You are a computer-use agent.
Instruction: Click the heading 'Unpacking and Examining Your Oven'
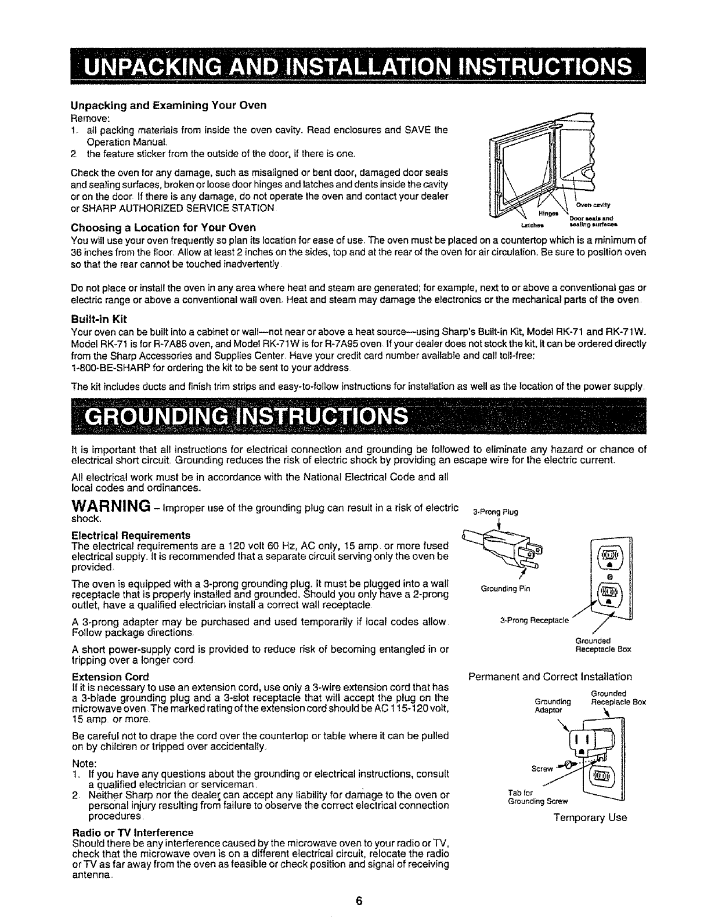[x=160, y=106]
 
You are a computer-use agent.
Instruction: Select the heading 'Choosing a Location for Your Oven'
[x=163, y=226]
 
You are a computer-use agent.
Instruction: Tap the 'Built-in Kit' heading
[x=98, y=319]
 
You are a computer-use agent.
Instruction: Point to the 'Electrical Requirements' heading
[x=131, y=534]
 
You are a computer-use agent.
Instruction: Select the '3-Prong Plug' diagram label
[x=495, y=512]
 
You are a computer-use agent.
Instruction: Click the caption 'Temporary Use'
[x=590, y=817]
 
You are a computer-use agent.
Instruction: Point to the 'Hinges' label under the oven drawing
[x=553, y=214]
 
